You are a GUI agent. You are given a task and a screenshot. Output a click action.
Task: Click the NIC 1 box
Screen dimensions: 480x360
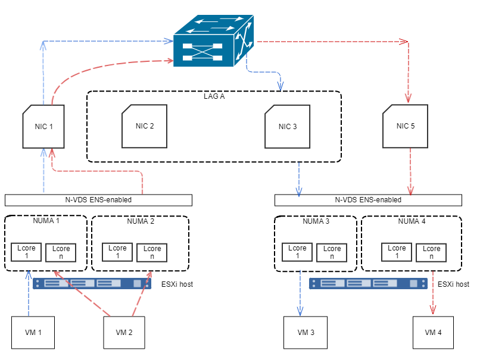point(43,127)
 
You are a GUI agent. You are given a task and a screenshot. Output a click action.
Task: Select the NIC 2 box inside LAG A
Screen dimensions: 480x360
point(145,126)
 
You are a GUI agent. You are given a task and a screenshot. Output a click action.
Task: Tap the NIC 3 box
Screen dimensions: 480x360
point(288,127)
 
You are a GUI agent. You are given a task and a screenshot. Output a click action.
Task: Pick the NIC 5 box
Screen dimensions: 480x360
point(406,126)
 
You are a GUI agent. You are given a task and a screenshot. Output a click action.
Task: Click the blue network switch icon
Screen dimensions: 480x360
point(213,40)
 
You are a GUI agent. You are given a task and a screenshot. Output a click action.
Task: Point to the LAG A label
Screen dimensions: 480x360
point(214,96)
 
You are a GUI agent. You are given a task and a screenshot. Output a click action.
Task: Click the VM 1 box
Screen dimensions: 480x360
point(33,333)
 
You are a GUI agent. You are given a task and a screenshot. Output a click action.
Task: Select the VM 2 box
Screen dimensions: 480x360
point(124,333)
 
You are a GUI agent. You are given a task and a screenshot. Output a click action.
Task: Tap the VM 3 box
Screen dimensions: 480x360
point(306,333)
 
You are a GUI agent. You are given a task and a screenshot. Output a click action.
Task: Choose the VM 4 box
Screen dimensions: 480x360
point(433,333)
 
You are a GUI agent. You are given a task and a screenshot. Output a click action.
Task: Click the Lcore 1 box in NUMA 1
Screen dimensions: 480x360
point(26,252)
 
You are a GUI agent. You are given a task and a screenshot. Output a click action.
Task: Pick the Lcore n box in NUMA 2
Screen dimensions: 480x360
point(152,253)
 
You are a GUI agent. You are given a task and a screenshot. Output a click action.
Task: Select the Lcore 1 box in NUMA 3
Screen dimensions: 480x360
point(297,252)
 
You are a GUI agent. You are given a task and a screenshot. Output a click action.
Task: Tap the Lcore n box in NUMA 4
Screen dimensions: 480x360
point(431,253)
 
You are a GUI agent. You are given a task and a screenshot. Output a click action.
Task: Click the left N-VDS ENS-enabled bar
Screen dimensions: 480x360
point(99,200)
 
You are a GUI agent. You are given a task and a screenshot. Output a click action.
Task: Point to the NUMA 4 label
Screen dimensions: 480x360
point(412,221)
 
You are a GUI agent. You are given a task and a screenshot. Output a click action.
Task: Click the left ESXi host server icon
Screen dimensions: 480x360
point(92,283)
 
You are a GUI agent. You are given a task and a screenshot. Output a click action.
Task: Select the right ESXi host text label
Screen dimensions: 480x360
point(453,284)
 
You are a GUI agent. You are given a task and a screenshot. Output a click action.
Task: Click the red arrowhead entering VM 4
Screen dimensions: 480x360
point(433,310)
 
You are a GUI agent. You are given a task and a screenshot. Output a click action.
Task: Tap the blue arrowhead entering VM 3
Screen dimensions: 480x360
point(300,311)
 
